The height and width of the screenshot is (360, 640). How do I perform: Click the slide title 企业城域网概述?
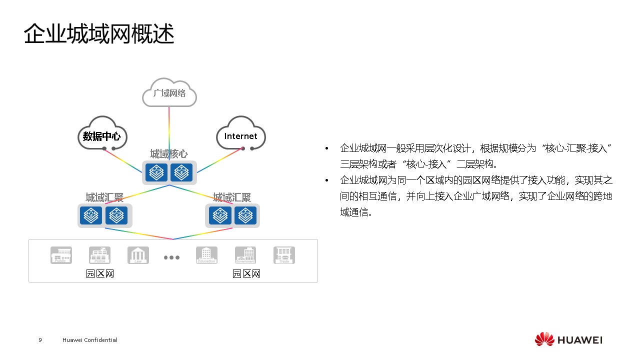(99, 34)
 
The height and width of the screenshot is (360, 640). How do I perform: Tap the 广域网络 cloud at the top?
(169, 93)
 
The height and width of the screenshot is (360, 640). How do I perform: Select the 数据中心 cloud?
(102, 136)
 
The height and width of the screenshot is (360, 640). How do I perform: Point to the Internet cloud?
(240, 136)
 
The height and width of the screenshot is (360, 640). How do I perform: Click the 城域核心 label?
(169, 154)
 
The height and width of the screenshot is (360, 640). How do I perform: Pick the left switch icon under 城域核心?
(156, 172)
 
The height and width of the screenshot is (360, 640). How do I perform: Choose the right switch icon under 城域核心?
(181, 172)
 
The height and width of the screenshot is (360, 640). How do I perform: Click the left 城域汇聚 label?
(104, 197)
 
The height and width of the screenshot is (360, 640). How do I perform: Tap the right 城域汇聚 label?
(232, 197)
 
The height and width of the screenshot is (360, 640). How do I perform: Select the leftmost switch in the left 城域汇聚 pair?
(91, 215)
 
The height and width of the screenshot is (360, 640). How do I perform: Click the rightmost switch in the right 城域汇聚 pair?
(245, 215)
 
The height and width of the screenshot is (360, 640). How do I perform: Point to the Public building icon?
(61, 255)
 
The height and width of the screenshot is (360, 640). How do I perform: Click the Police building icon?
(99, 255)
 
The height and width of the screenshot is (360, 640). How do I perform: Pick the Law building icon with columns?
(138, 255)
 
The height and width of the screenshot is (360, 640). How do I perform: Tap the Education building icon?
(206, 255)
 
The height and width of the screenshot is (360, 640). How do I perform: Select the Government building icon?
(245, 255)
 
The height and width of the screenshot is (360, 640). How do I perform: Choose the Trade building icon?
(284, 255)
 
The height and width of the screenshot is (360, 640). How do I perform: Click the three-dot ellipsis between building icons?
(171, 257)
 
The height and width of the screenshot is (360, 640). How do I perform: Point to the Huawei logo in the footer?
(568, 340)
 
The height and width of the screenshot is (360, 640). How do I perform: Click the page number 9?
(40, 340)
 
